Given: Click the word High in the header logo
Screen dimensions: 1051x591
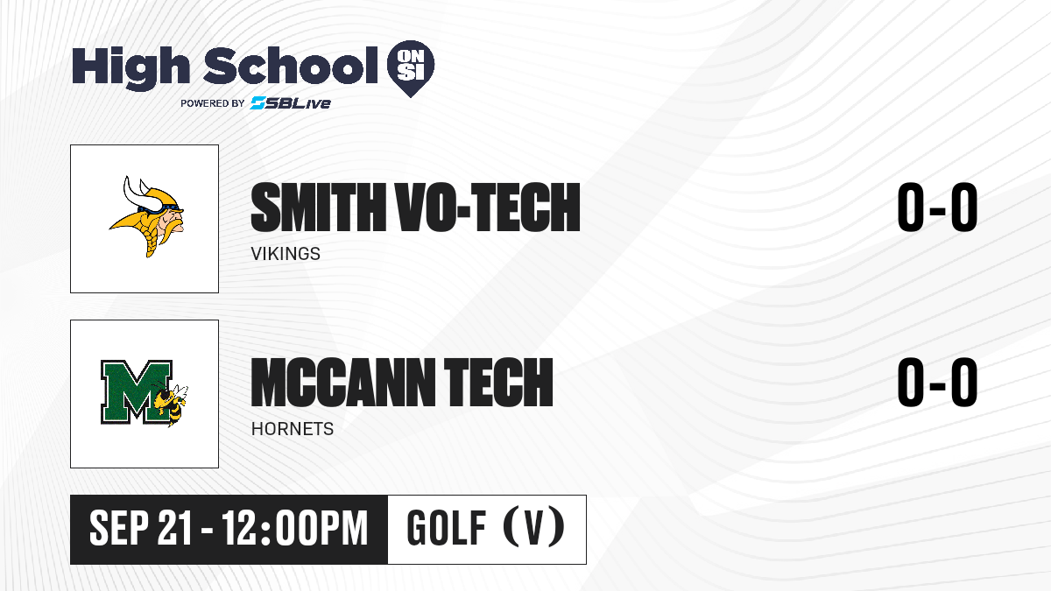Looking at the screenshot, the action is coord(130,68).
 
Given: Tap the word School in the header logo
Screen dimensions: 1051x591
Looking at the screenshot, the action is coord(291,66).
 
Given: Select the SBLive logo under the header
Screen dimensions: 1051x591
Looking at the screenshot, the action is coord(291,103).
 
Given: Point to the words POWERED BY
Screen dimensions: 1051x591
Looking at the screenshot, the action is coord(213,103).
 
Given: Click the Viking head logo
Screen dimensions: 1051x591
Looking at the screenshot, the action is coord(147,217).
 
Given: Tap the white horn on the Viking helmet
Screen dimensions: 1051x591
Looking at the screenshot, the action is coord(136,194).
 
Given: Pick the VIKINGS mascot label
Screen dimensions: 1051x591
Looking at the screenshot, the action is coord(286,254).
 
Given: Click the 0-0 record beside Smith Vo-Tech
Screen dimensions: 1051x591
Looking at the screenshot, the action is coord(937,207).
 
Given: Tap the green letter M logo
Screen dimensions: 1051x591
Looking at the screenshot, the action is coord(137,392).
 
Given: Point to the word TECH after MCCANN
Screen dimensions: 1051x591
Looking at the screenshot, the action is coord(498,382).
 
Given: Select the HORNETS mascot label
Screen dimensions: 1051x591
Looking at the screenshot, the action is coord(293,429).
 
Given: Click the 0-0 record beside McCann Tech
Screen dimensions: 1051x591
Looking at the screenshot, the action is coord(937,382).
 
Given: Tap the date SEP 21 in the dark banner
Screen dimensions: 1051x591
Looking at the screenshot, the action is coord(141,528).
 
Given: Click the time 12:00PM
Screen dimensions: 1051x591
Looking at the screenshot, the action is coord(294,528).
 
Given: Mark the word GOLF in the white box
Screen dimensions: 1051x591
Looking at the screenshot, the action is coord(446,528).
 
